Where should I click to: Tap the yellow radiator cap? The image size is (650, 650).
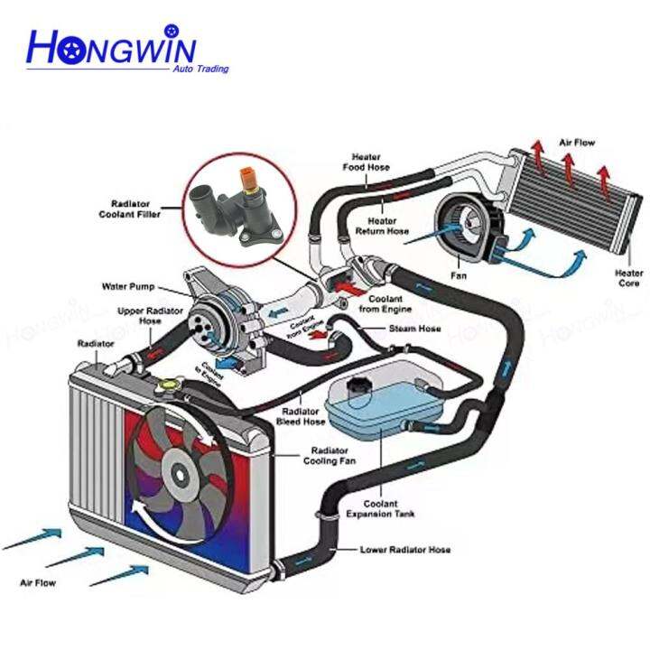[x=168, y=385]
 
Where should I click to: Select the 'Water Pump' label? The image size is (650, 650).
[x=128, y=286]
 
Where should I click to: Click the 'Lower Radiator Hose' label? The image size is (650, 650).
[x=405, y=550]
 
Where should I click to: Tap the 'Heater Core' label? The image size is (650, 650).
[x=629, y=278]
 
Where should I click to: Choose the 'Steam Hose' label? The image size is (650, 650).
[x=414, y=329]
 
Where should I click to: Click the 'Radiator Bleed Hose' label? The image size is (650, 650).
[x=301, y=416]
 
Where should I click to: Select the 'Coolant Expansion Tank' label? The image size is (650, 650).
[x=380, y=508]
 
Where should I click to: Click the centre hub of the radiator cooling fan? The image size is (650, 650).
[x=180, y=474]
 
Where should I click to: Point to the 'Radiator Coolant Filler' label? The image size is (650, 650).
[x=130, y=209]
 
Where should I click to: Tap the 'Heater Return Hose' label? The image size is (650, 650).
[x=382, y=226]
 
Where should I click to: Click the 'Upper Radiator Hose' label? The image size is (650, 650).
[x=150, y=315]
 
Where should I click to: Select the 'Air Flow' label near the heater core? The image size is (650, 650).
[x=577, y=143]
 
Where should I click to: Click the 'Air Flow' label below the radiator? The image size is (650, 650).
[x=38, y=583]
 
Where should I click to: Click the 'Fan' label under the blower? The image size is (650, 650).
[x=459, y=275]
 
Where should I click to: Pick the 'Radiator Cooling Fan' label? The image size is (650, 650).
[x=330, y=456]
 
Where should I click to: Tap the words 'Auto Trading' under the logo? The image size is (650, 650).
[x=200, y=69]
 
